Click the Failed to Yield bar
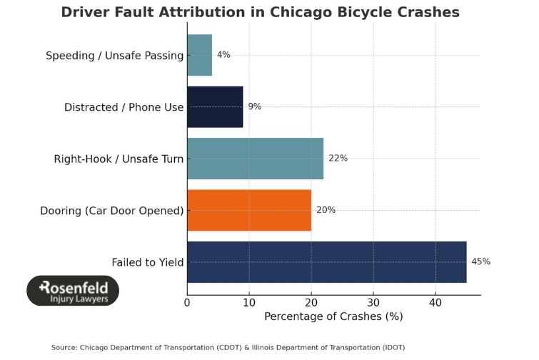[326, 262]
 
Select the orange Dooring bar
[249, 210]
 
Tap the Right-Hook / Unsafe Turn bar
[255, 159]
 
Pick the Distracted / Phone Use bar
[215, 107]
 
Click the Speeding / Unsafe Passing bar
[199, 55]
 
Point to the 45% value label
[480, 262]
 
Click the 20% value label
[326, 210]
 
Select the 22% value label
[338, 159]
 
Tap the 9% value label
[254, 107]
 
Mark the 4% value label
[223, 55]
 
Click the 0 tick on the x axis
[187, 303]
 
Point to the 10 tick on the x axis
[249, 303]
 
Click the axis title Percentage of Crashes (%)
[333, 316]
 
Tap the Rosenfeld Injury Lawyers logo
[73, 291]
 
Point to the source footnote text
[228, 347]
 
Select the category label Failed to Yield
[147, 262]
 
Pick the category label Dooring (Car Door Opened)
[111, 210]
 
